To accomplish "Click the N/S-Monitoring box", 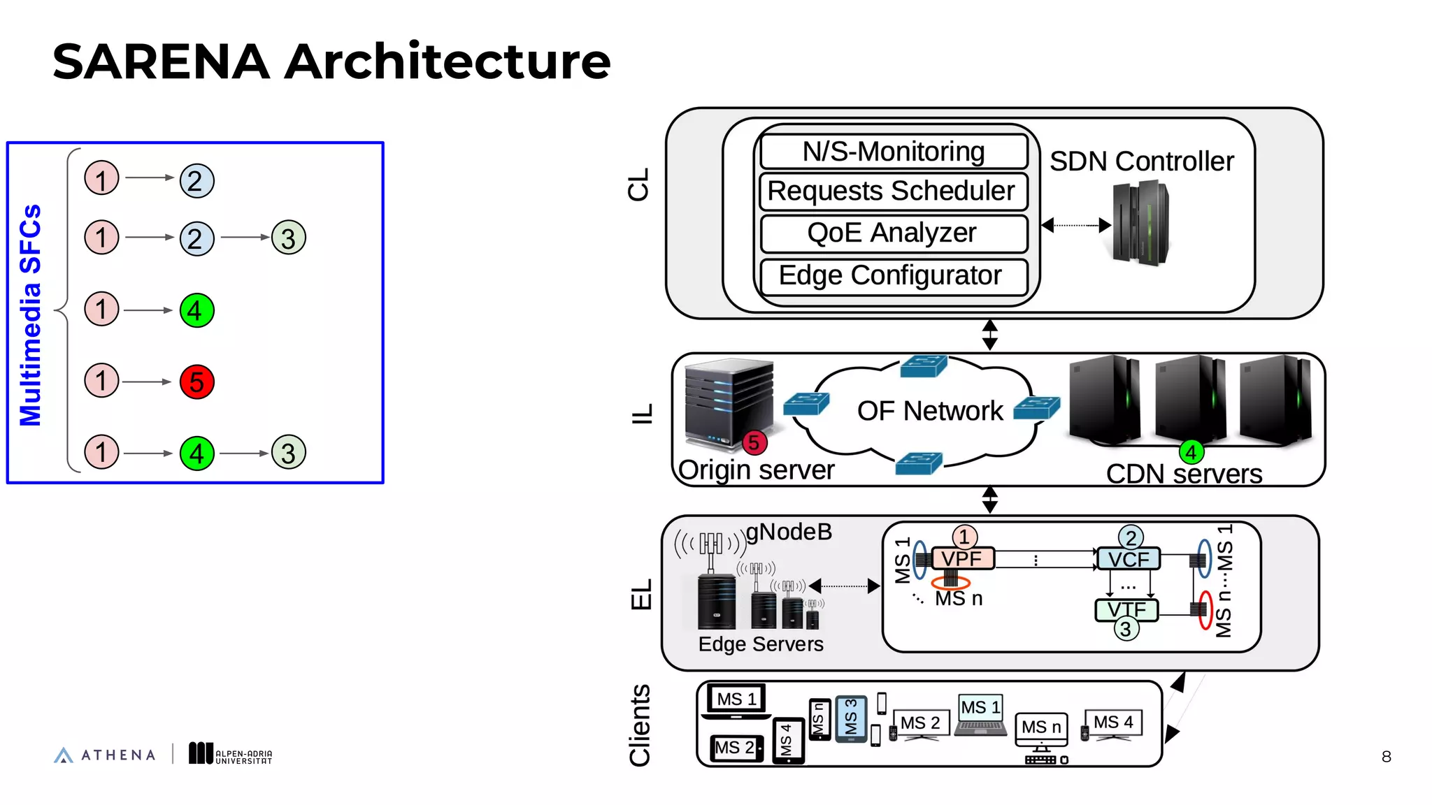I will pos(894,152).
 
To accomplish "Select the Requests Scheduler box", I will pos(893,191).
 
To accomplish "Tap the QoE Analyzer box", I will pos(893,233).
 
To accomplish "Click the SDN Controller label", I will pos(1141,161).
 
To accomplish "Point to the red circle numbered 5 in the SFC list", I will pos(196,382).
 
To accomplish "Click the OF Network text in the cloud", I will pos(929,411).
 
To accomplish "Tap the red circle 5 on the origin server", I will pos(753,442).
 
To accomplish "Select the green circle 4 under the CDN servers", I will pos(1191,452).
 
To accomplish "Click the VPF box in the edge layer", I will pos(961,559).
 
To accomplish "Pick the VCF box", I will pos(1128,559).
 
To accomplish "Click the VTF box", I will pos(1126,610).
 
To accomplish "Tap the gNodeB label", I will pos(789,532).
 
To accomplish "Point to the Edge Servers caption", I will pos(761,644).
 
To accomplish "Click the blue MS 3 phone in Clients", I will pos(851,718).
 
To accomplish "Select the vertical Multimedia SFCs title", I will pos(30,315).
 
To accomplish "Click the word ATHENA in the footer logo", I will pos(118,755).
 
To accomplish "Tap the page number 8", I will pos(1386,757).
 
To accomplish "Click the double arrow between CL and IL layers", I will pos(989,335).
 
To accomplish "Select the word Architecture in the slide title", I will pos(447,61).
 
